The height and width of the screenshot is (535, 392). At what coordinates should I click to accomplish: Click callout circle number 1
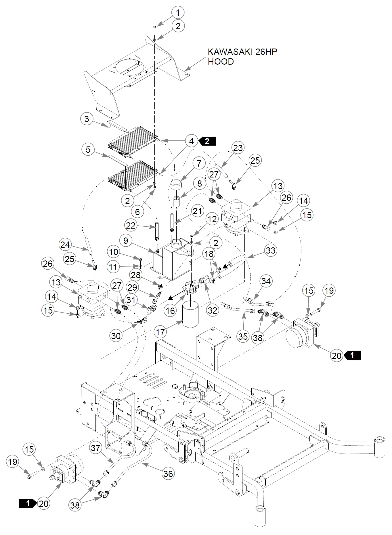[178, 13]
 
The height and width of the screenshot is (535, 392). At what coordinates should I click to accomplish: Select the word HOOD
[221, 62]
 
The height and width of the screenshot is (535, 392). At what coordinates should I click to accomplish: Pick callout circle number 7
[199, 163]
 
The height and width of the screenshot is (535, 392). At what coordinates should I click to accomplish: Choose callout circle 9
[126, 240]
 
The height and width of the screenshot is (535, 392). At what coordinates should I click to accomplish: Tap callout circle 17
[160, 332]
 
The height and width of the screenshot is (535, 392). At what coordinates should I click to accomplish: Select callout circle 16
[171, 310]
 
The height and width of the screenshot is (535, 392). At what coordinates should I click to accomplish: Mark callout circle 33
[271, 250]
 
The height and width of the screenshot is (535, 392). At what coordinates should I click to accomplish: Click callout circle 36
[168, 474]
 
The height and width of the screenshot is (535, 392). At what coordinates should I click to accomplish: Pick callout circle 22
[131, 225]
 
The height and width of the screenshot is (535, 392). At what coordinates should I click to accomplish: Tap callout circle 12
[212, 219]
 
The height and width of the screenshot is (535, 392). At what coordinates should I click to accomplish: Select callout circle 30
[116, 336]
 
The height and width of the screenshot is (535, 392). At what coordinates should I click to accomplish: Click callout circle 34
[266, 281]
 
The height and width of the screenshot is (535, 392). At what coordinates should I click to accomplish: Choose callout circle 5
[88, 149]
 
